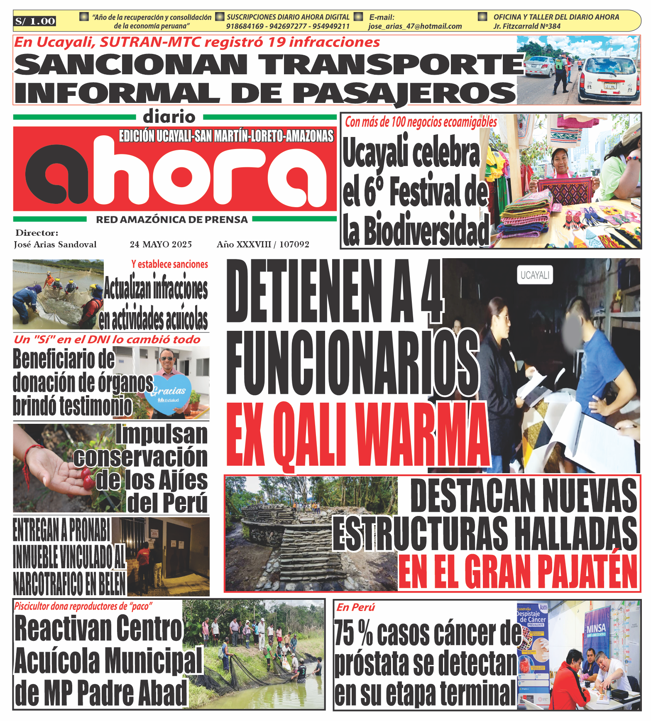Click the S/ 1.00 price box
pos(35,21)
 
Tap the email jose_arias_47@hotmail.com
pos(415,26)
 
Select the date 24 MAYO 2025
pos(161,244)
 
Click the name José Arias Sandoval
pos(55,244)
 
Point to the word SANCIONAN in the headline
pos(131,65)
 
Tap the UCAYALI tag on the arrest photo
pos(535,275)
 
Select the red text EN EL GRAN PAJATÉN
pos(518,572)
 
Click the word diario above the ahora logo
pos(169,117)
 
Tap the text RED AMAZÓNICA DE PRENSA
pos(172,220)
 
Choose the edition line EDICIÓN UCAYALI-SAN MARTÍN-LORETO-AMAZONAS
pos(226,136)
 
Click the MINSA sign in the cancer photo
pos(596,629)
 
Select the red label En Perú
pos(355,607)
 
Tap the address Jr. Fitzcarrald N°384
pos(527,26)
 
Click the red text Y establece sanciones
pos(169,264)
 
